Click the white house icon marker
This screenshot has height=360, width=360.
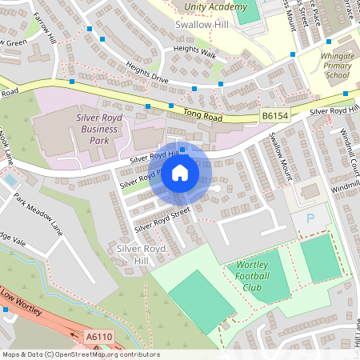(x=180, y=174)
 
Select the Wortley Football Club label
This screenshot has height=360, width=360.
(x=258, y=276)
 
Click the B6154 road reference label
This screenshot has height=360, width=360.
(x=274, y=117)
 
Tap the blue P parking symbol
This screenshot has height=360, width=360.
(x=311, y=218)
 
